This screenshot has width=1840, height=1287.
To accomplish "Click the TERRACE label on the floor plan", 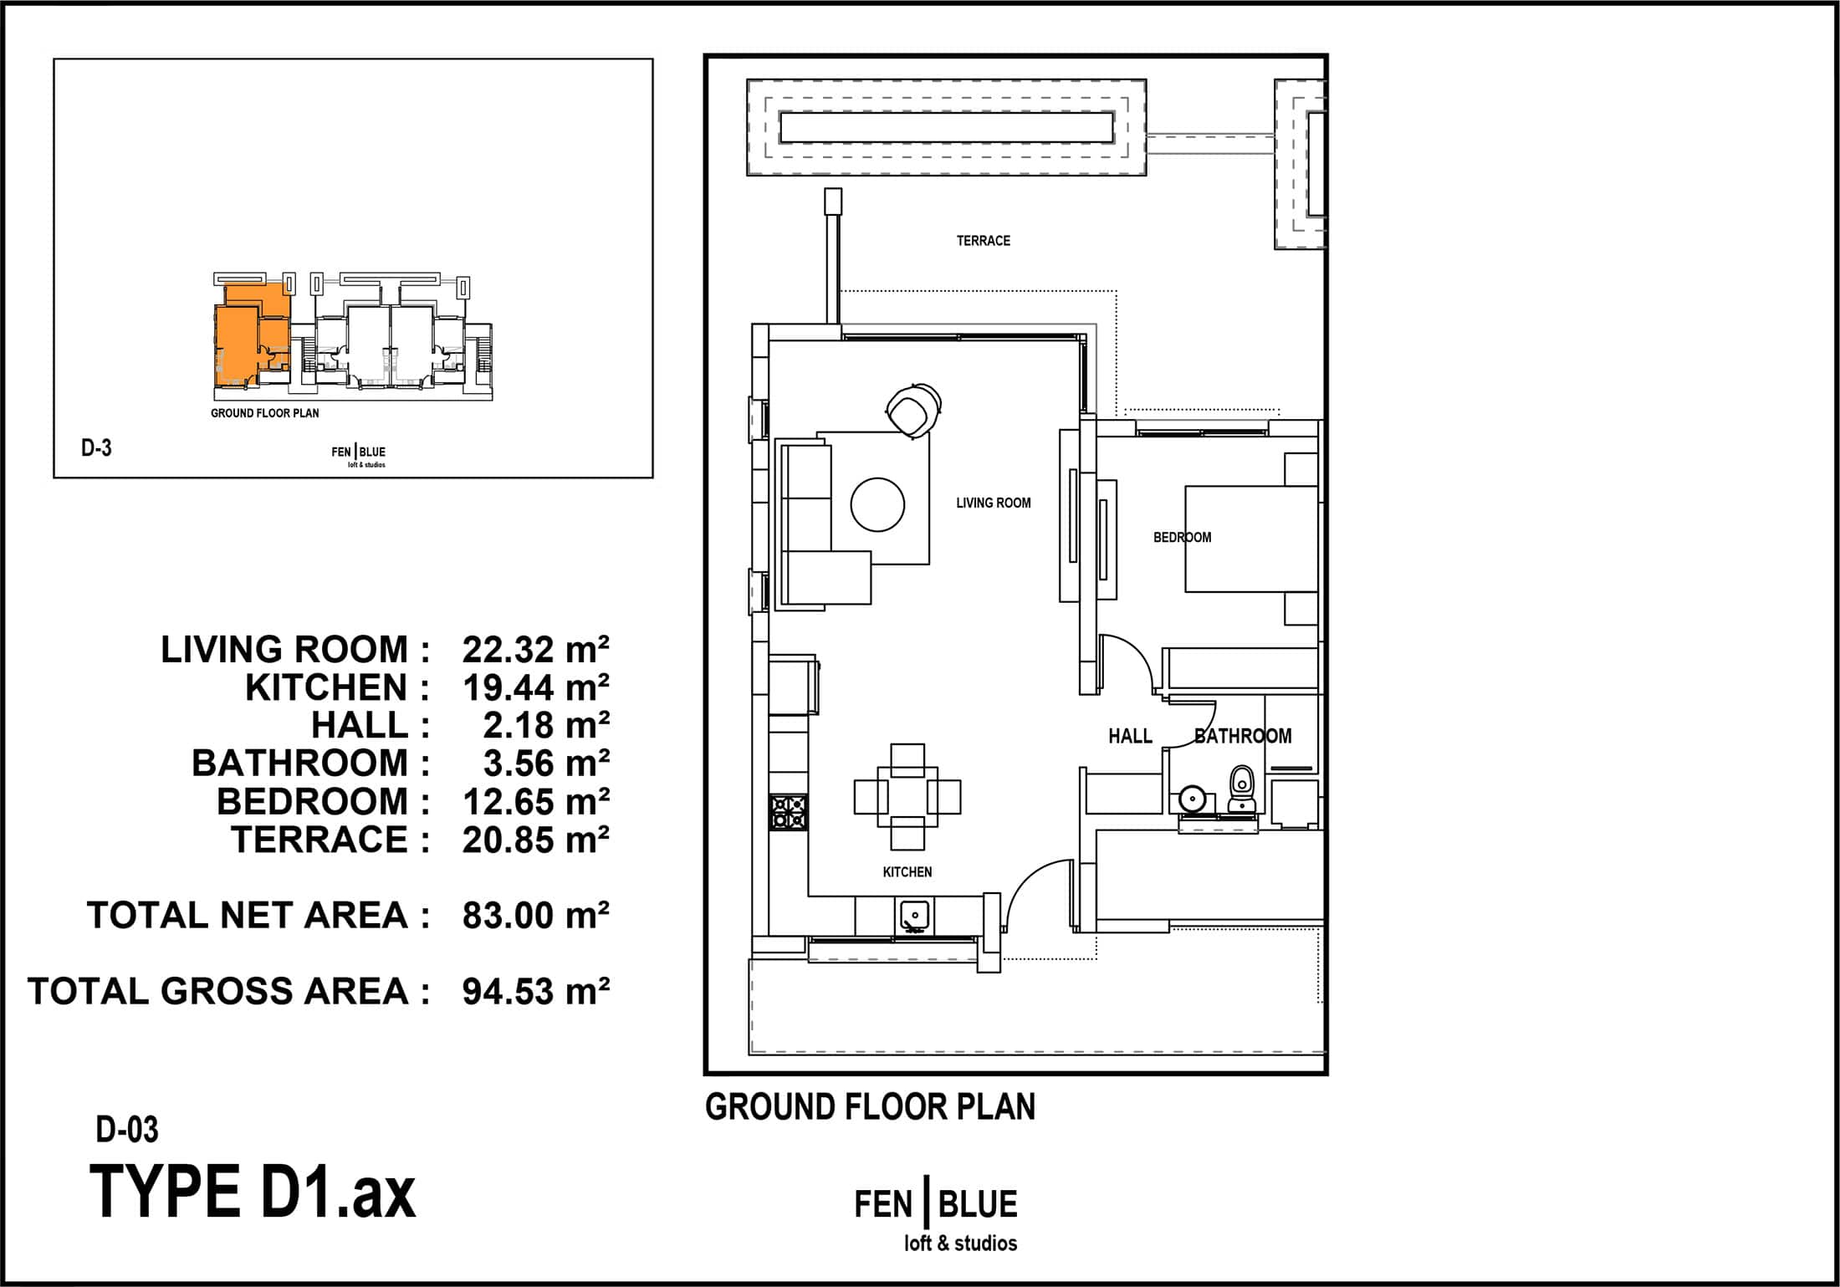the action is [983, 241].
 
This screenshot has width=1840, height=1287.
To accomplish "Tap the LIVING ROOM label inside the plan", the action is [994, 503].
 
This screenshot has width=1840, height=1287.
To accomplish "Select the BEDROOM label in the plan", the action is [1182, 537].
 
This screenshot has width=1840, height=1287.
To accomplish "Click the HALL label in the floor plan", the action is [1130, 736].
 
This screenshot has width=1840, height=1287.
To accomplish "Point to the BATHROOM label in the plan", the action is [1243, 736].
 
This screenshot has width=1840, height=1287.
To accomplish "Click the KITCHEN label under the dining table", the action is [907, 872].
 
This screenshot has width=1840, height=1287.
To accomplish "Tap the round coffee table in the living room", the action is [877, 504].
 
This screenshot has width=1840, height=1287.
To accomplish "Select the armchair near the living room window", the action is [912, 408].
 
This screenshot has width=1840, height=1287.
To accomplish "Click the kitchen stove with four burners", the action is [789, 812].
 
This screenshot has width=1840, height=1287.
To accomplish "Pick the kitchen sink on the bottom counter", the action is [916, 917].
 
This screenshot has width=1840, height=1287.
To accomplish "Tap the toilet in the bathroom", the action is [1242, 788].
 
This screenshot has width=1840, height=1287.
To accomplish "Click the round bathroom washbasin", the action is [1191, 799].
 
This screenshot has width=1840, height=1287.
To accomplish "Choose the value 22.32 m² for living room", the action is [535, 650].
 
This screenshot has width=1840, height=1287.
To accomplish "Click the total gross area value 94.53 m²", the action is [535, 992].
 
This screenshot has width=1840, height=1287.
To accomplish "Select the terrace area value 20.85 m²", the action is [535, 840].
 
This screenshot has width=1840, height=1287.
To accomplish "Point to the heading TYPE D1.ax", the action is [252, 1192].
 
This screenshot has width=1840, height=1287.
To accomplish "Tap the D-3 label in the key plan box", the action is [96, 448].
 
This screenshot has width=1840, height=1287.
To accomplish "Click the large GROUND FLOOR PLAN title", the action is [870, 1107].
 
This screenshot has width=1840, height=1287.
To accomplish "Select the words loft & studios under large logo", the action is [960, 1244].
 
